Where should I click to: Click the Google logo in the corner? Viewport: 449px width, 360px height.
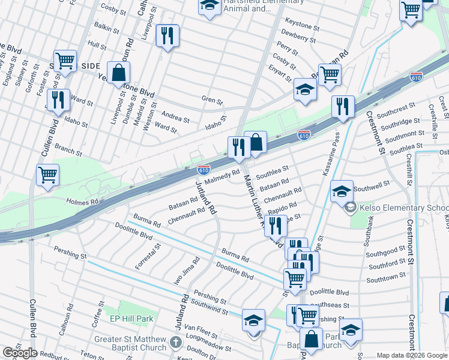[20, 353]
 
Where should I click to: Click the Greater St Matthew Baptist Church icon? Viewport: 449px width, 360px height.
[175, 343]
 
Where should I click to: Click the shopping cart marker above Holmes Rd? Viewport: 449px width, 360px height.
[47, 175]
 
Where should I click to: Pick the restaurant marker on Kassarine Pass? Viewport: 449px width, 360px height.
[342, 106]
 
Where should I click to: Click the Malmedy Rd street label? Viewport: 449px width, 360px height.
[221, 176]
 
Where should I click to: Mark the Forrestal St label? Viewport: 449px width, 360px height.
[146, 257]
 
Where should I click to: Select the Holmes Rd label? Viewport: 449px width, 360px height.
[82, 202]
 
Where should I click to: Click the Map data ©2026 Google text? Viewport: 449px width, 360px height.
[411, 355]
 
